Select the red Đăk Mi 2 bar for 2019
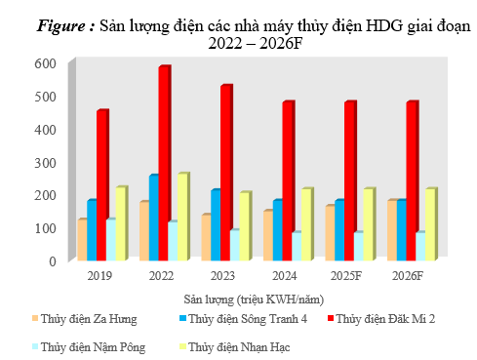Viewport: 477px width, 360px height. pyautogui.click(x=101, y=185)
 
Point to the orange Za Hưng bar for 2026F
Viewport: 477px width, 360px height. pyautogui.click(x=391, y=230)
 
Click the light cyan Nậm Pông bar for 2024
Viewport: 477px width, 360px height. pyautogui.click(x=296, y=246)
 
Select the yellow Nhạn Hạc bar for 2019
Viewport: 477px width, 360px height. pyautogui.click(x=121, y=223)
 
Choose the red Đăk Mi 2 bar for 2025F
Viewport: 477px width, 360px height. pyautogui.click(x=349, y=181)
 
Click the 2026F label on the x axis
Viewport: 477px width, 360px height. pyautogui.click(x=408, y=276)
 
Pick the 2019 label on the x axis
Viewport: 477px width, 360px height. pyautogui.click(x=100, y=276)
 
